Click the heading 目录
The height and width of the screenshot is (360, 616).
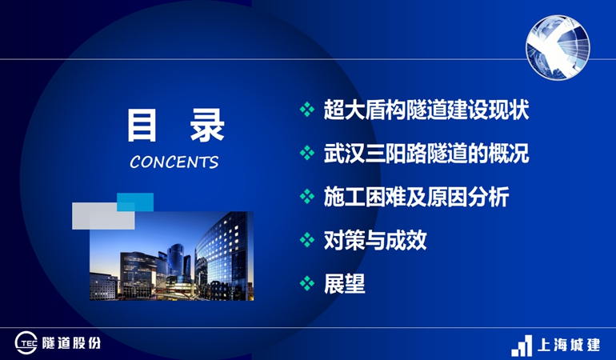[176, 126]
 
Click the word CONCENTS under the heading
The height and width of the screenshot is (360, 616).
[174, 162]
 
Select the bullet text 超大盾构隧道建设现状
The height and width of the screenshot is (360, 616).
[426, 110]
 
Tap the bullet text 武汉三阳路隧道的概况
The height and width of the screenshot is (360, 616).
[426, 153]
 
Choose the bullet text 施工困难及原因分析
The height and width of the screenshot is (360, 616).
[417, 197]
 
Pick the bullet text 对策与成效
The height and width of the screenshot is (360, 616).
[375, 240]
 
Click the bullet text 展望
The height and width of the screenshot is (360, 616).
[345, 283]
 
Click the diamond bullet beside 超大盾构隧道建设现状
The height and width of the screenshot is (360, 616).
[307, 110]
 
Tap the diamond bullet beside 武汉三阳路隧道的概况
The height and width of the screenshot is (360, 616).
[307, 153]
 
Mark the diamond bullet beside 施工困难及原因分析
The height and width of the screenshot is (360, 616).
[307, 197]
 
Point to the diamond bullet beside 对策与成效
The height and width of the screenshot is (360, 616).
[307, 240]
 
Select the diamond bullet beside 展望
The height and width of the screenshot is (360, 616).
[307, 283]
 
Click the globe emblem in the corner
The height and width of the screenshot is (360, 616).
[558, 47]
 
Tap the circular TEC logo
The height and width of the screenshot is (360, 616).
[26, 343]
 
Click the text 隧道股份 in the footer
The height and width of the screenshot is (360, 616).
[71, 343]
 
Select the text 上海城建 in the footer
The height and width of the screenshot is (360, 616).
[569, 345]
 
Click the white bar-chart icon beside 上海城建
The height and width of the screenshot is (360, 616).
[522, 346]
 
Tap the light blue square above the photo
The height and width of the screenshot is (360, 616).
[135, 202]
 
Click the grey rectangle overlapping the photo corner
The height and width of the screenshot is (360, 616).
[103, 216]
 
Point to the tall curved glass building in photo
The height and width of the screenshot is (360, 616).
[225, 255]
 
